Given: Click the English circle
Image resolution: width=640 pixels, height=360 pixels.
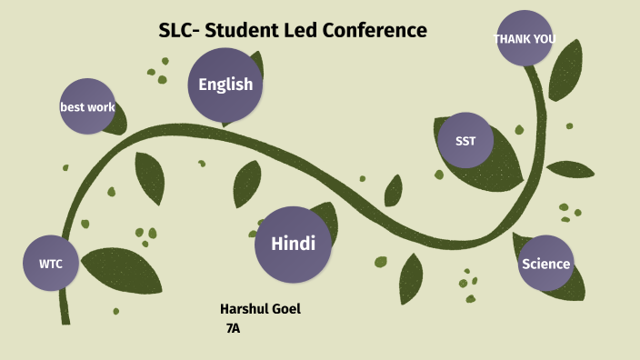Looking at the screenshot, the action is pos(225,85).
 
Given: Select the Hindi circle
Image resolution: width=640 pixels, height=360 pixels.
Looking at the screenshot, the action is pos(293,244).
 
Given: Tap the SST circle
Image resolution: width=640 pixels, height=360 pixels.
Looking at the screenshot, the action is pos(465,140).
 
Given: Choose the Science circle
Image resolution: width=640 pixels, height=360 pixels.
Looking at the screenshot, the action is pos(545,264).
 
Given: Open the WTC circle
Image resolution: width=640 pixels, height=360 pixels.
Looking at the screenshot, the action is pos(51,264).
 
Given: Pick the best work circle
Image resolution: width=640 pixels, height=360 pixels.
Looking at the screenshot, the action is pos(87,107).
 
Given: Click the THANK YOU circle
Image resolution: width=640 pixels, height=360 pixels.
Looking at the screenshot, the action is pos(525,39).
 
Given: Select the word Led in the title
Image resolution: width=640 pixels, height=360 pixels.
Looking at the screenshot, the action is pos(291,30).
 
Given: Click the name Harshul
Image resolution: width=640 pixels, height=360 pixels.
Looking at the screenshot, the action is pos(245,309).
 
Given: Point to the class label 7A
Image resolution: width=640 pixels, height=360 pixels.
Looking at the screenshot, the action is pos(233,327).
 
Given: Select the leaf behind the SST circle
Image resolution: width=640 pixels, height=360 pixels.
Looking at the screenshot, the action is pos(495,164).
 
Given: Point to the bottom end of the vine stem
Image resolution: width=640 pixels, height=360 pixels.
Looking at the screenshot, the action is pos(65,318).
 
